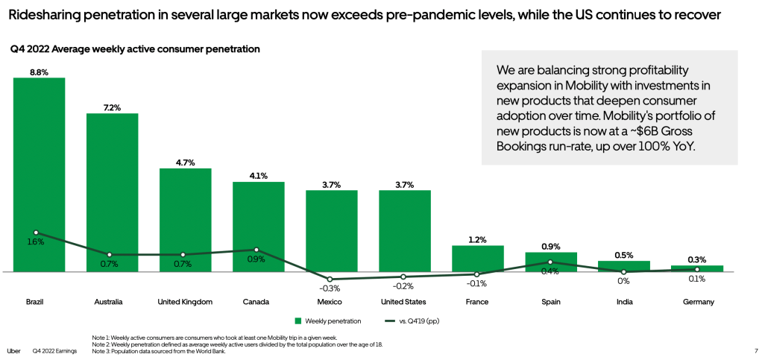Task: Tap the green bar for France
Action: [477, 258]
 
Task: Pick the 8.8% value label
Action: [39, 72]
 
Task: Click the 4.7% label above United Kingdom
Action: [185, 162]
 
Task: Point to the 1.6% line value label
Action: [36, 242]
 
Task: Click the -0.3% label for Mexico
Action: [330, 288]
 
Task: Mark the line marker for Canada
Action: [257, 250]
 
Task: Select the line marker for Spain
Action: [550, 262]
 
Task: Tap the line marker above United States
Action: [404, 277]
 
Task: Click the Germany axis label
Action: [698, 302]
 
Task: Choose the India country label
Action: [624, 302]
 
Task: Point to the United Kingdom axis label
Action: [185, 302]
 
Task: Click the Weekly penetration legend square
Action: [297, 321]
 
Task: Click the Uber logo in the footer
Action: [13, 351]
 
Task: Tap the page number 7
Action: [746, 351]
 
